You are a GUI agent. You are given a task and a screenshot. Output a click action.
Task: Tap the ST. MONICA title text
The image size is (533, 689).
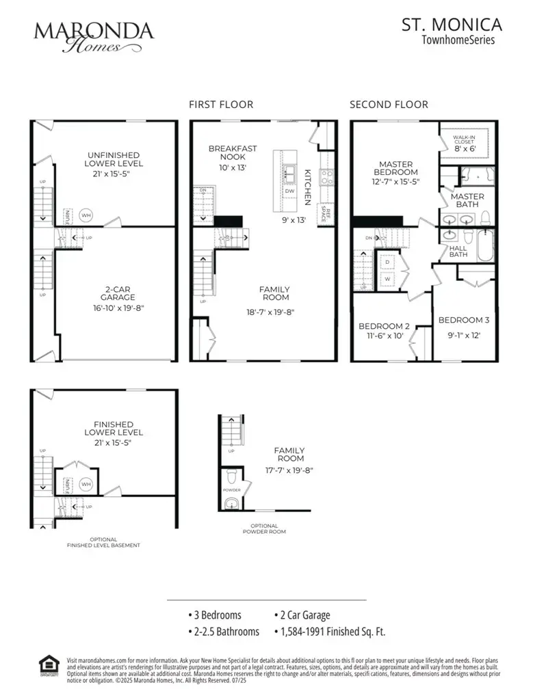tap(451, 25)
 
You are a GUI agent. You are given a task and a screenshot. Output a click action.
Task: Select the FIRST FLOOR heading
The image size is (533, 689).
tap(221, 105)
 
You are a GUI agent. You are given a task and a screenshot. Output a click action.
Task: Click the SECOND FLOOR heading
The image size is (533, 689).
tap(389, 105)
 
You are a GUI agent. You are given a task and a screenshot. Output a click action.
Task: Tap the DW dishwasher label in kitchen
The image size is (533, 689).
tap(289, 192)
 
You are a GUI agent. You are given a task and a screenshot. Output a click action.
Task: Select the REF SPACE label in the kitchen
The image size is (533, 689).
tap(327, 215)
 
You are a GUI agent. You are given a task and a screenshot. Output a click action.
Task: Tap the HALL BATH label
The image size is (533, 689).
tap(458, 252)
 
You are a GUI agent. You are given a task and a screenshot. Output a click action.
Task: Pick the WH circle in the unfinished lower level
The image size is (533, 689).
tap(86, 215)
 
